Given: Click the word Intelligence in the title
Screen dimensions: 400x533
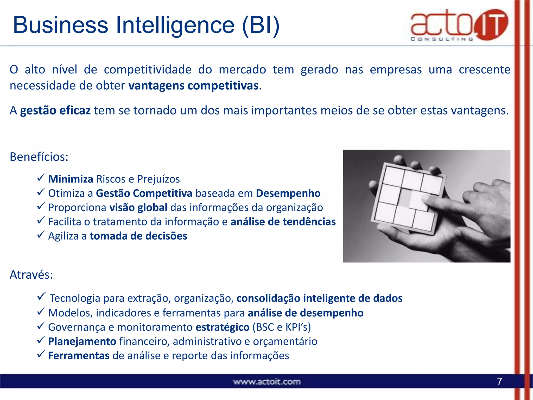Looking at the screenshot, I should pos(175,25).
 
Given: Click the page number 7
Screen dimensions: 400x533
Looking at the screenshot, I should pos(499,382).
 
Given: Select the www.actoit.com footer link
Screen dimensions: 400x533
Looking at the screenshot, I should pos(267,382).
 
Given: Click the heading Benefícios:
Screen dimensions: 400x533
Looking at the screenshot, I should pos(39,157).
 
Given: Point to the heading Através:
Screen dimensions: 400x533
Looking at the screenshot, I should pos(31,275).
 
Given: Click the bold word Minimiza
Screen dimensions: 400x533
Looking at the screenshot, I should pos(71,179).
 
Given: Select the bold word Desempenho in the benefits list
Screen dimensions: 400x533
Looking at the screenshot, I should pos(288,193).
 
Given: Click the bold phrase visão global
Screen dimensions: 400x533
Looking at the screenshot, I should pos(138,208).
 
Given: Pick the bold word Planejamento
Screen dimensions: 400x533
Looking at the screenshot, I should pos(82,341).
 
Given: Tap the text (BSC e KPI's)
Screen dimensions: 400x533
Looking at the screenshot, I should pos(282,327).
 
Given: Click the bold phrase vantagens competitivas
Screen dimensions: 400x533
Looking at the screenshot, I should pos(194,86).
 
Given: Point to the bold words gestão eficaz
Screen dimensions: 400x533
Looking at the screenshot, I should pos(55,110).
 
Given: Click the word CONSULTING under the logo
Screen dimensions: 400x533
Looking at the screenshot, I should pos(442,39).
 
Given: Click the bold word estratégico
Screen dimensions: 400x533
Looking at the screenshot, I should pos(223,327).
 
